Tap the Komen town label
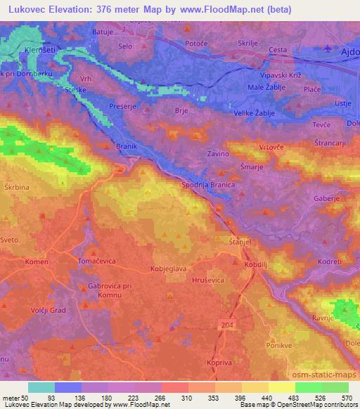pos(36,261)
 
